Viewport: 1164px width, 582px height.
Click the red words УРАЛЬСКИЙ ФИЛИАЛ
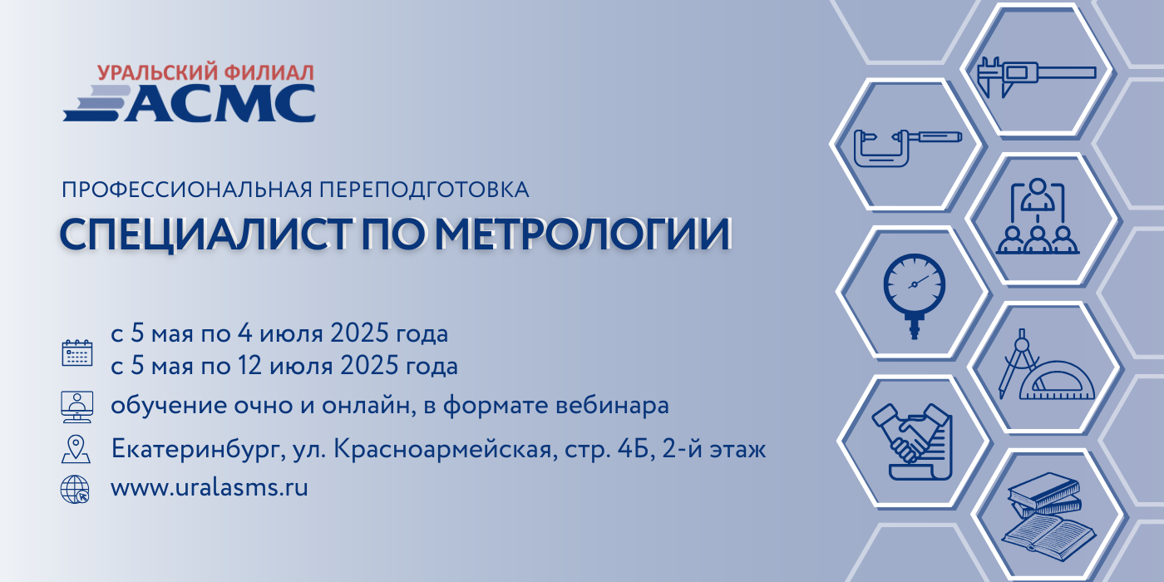pos(206,73)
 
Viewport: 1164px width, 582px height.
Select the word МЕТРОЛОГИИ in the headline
pos(583,234)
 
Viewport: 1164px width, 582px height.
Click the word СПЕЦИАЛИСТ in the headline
pos(205,234)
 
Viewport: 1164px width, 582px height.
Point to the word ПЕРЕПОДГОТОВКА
pos(424,190)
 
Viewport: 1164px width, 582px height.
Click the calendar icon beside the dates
pos(76,353)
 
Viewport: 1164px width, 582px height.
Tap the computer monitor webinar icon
pos(76,407)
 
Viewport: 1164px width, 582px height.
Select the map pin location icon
pos(76,449)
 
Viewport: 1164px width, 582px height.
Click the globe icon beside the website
pos(75,490)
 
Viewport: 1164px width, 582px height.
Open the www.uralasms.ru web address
pos(210,487)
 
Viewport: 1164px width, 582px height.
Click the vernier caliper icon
pos(1036,76)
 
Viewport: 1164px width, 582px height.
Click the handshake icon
pos(913,441)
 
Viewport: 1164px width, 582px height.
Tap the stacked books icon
pos(1047,515)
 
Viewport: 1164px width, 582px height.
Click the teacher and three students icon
pos(1038,216)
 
